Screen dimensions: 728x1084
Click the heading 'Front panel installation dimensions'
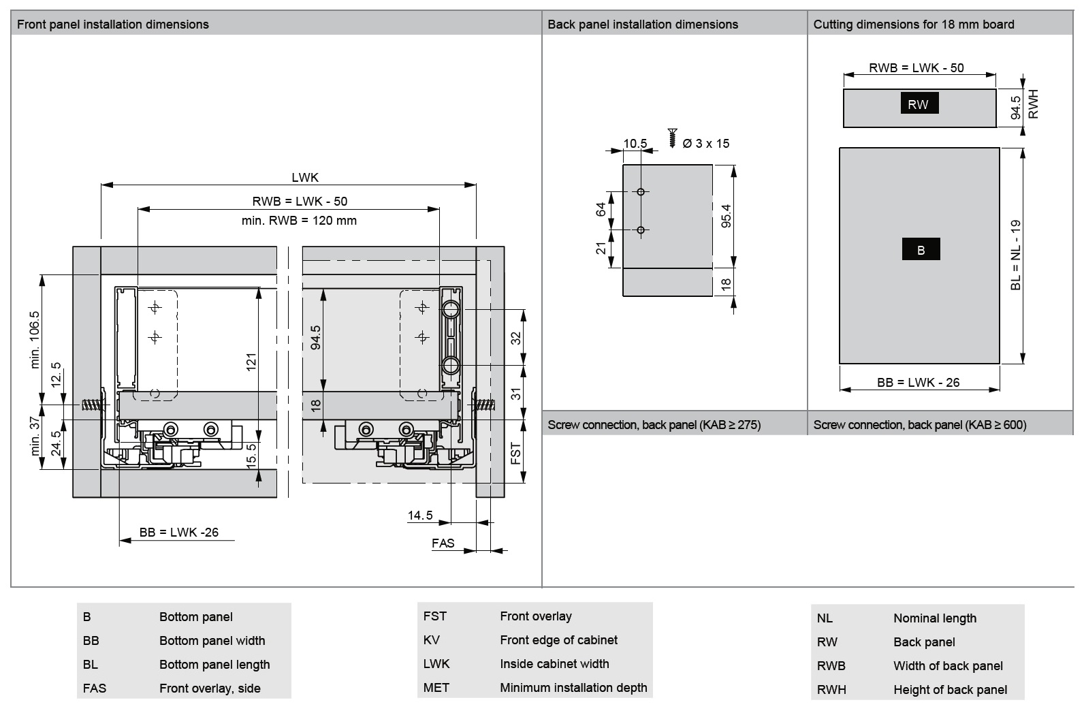point(112,25)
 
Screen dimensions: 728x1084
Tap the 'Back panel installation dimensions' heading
point(642,25)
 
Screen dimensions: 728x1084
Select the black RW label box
point(919,104)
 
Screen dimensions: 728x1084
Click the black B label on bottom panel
point(921,250)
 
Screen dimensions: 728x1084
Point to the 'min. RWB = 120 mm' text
point(299,221)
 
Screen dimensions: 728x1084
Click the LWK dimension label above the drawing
point(305,178)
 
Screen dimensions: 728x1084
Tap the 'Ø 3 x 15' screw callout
point(705,144)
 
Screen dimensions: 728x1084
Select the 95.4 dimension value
point(727,216)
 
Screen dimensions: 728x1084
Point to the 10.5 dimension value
point(635,144)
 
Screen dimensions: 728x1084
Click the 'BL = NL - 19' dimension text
point(1016,255)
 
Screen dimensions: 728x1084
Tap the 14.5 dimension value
point(420,516)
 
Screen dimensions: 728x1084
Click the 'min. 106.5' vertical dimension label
point(35,340)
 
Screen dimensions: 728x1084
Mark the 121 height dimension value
point(251,362)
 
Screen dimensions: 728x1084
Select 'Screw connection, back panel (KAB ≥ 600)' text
point(919,425)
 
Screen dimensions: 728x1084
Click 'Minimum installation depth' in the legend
point(573,688)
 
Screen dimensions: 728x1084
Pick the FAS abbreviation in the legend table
point(95,689)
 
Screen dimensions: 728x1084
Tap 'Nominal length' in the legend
point(934,618)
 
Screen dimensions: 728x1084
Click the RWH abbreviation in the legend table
point(831,690)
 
